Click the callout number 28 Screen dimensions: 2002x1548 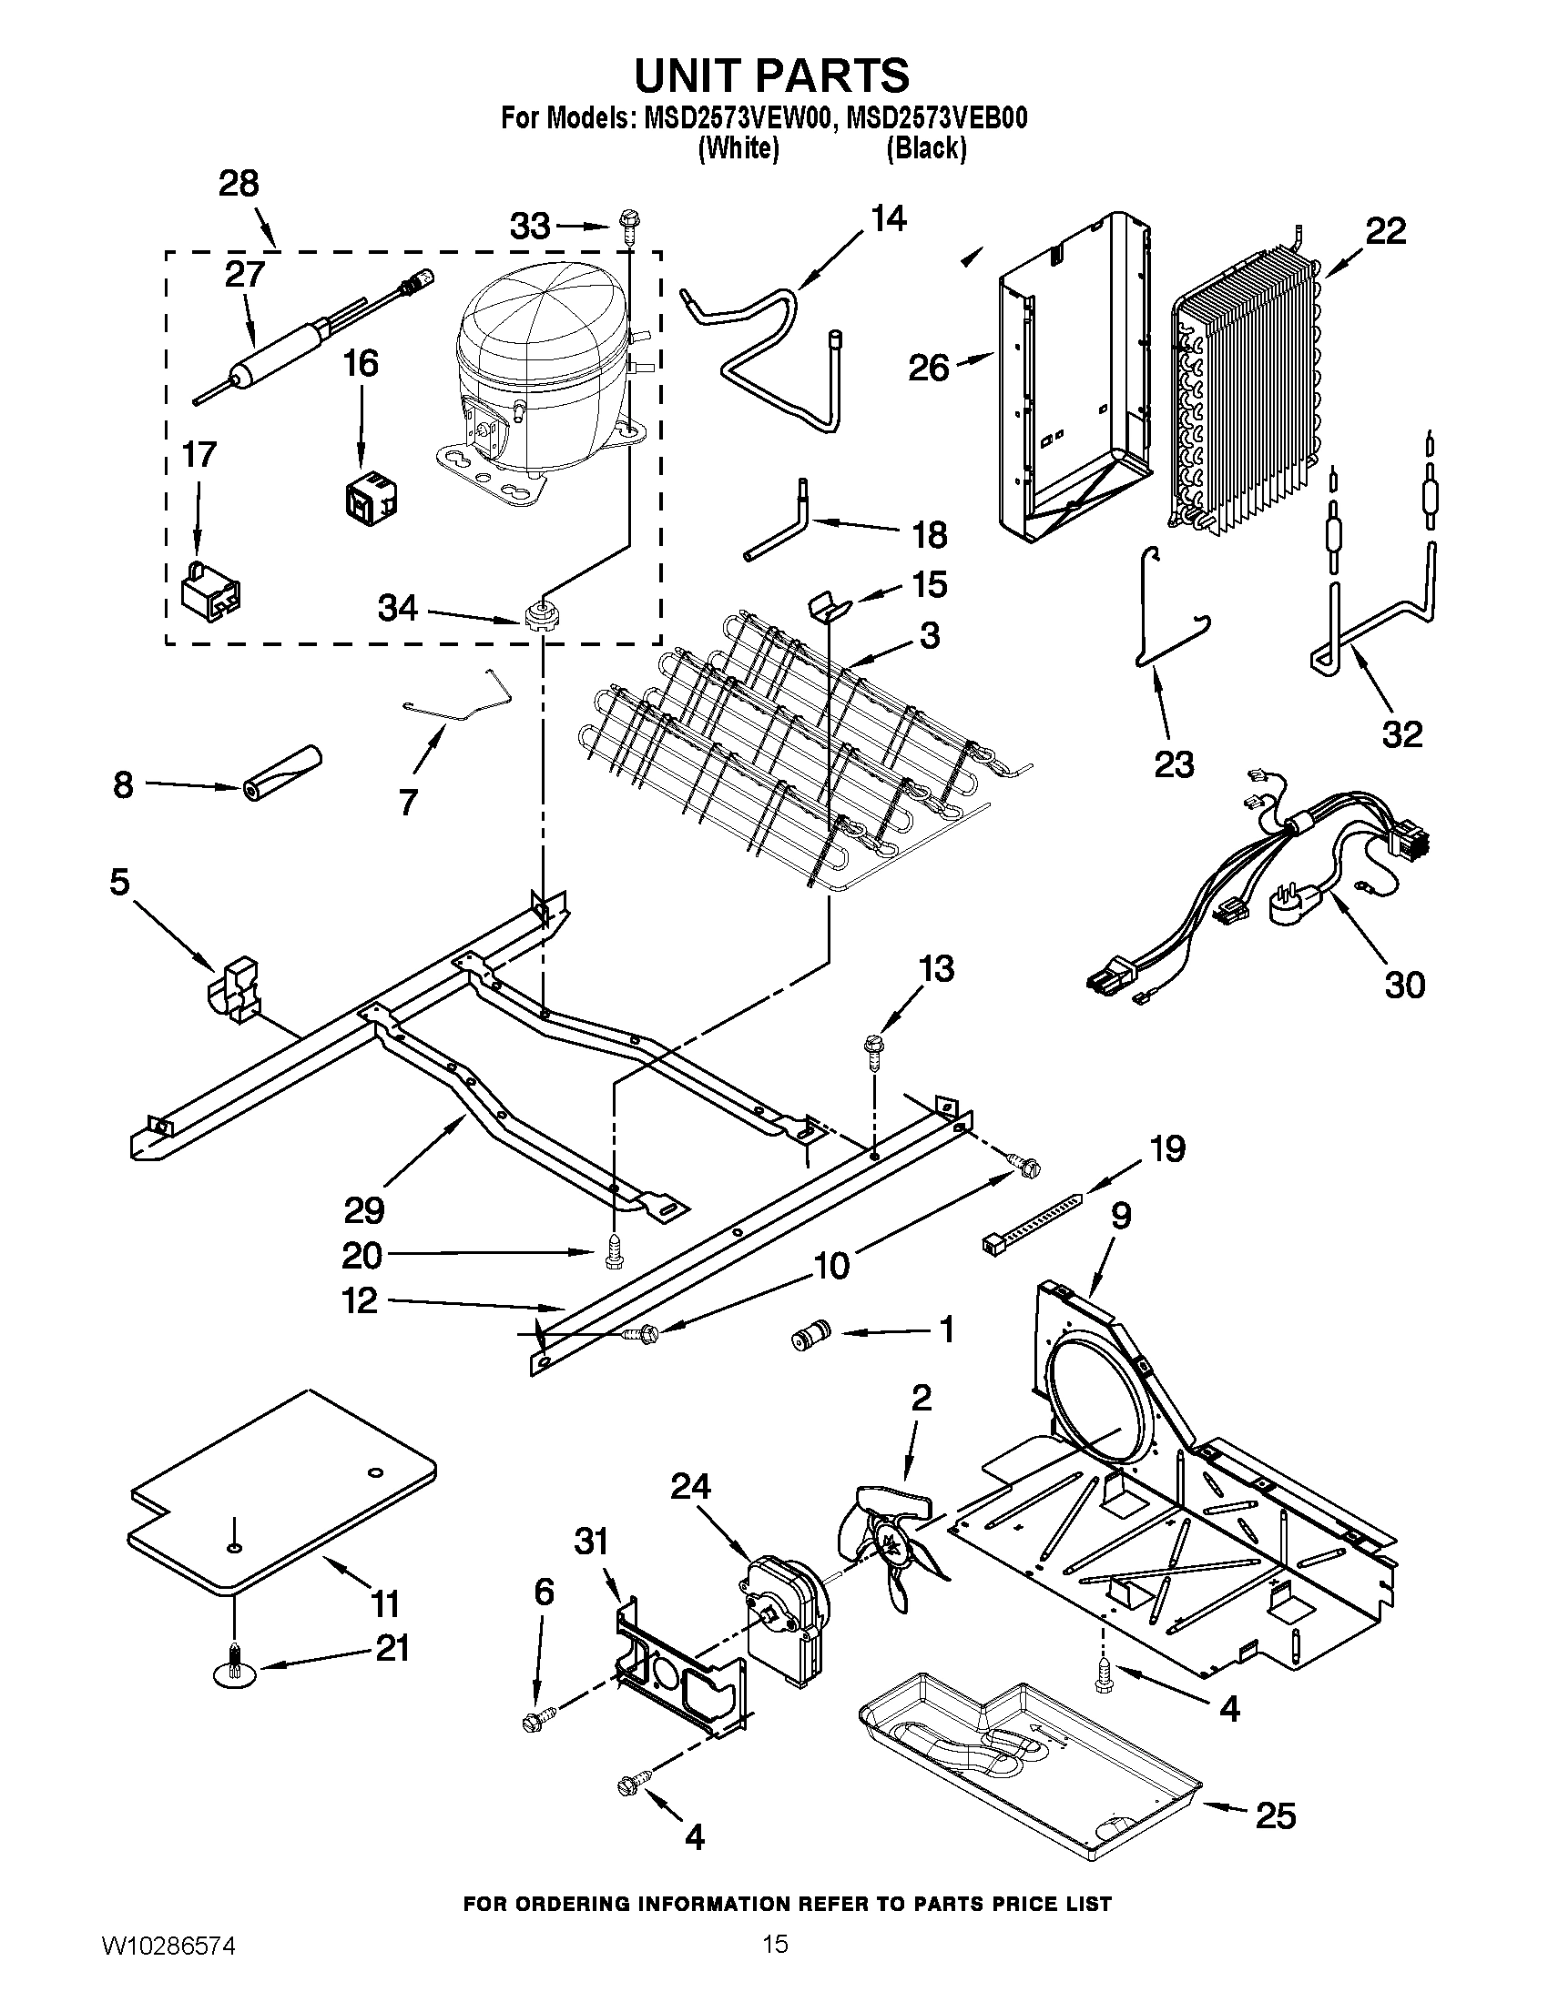pos(239,184)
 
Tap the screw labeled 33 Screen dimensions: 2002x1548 pos(630,222)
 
